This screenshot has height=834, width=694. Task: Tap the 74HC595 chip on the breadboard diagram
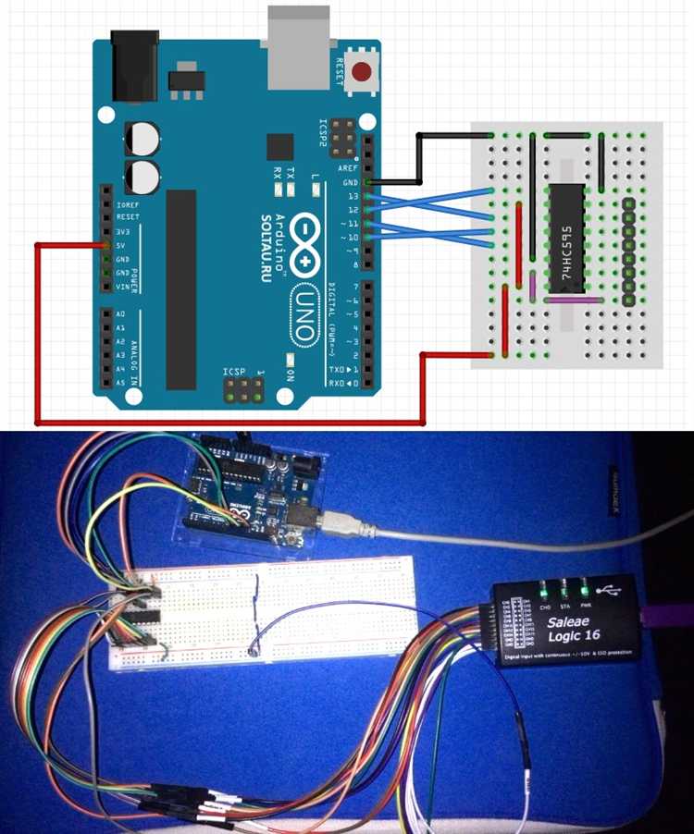(x=565, y=238)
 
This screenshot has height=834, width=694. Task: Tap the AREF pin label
(x=349, y=168)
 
